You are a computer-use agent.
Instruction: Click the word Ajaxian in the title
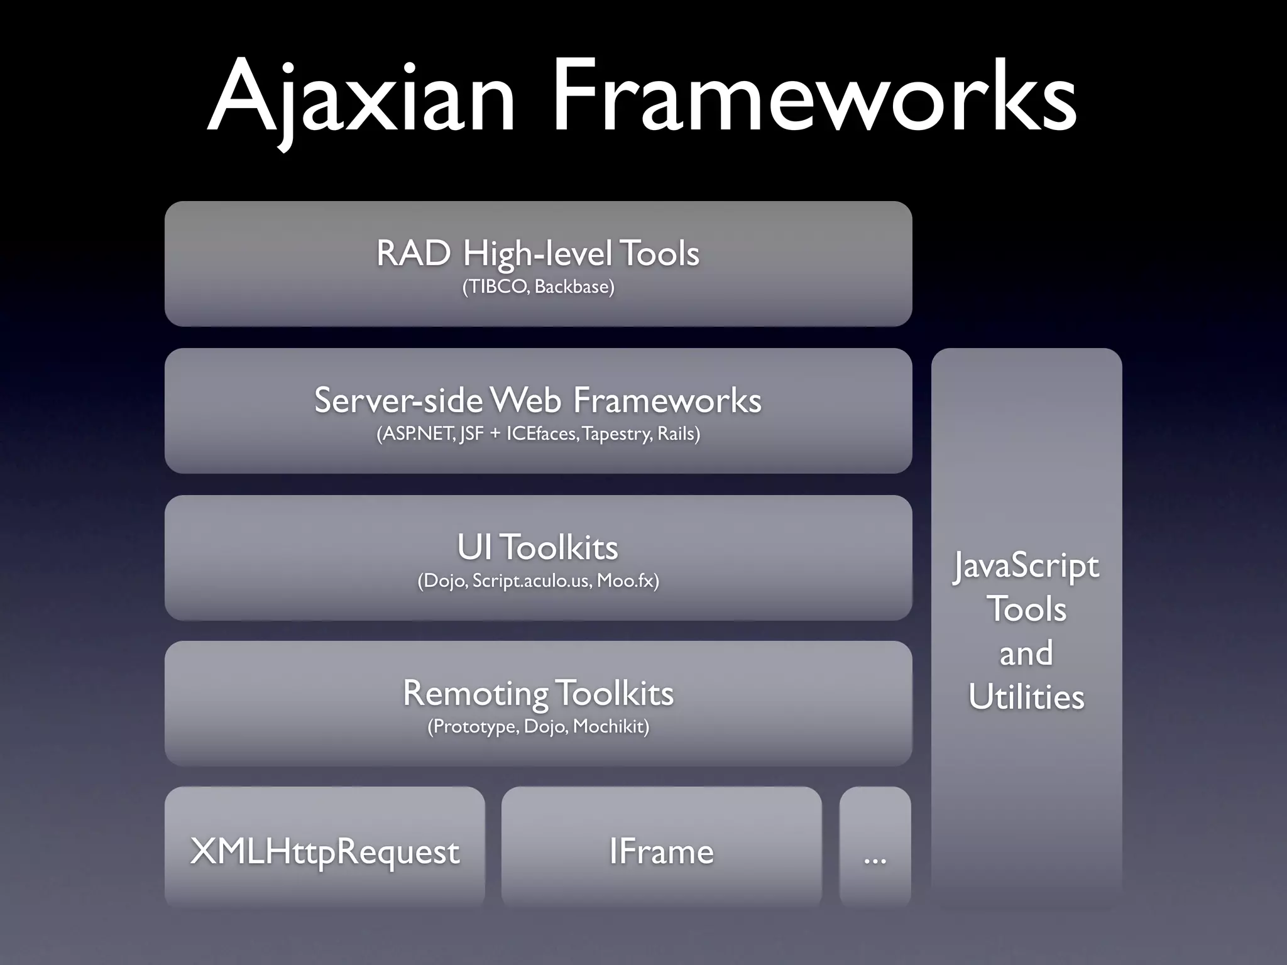tap(361, 97)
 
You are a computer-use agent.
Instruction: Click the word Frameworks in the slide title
tap(814, 97)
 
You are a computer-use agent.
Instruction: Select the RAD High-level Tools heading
tap(538, 253)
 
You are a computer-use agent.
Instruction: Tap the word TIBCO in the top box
tap(496, 287)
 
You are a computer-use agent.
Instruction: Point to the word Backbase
tap(573, 287)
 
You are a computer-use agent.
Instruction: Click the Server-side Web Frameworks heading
tap(538, 400)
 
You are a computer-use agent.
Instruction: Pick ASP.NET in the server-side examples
tap(416, 434)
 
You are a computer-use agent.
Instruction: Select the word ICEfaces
tap(541, 434)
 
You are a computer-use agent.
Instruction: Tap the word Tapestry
tap(616, 434)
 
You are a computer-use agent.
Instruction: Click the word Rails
tap(676, 434)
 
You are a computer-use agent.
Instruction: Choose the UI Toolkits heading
tap(538, 547)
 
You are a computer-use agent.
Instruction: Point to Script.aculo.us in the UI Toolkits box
tap(532, 581)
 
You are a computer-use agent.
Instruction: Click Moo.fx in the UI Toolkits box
tap(625, 581)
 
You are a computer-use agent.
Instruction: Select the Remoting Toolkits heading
tap(538, 694)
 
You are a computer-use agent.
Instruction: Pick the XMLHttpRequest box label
tap(325, 852)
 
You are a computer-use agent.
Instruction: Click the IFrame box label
tap(661, 852)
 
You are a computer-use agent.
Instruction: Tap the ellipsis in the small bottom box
tap(875, 858)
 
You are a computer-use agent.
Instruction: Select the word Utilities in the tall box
tap(1026, 697)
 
